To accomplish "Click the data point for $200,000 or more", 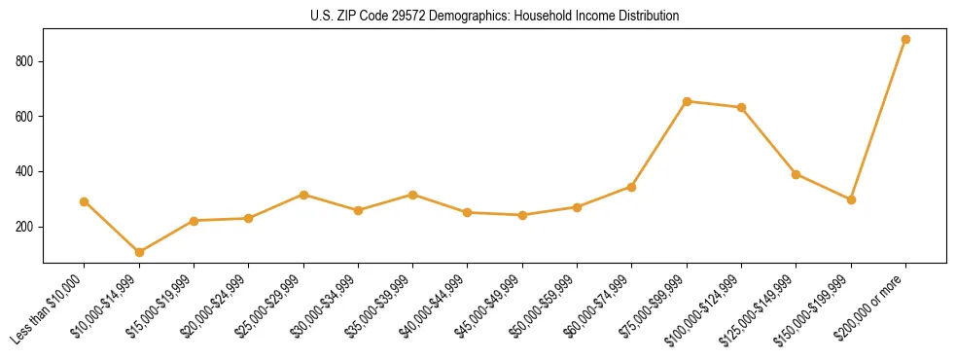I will click(905, 39).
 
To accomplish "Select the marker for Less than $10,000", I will click(84, 201).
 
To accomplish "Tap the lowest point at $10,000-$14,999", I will click(139, 252).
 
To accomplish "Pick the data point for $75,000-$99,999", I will click(687, 101).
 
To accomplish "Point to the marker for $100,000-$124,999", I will click(741, 107).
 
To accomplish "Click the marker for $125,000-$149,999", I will click(797, 174).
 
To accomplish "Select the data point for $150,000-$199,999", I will click(851, 199).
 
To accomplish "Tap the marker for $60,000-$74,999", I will click(632, 187).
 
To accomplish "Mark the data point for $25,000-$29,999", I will click(303, 195).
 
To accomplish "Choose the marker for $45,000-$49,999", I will click(522, 215).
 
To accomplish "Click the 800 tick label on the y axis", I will click(26, 61).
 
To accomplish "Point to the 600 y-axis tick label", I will click(26, 117).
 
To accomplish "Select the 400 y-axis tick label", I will click(26, 171).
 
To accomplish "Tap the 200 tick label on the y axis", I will click(26, 227).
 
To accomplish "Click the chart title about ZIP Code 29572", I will click(494, 16).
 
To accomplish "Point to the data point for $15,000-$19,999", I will click(194, 221).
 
